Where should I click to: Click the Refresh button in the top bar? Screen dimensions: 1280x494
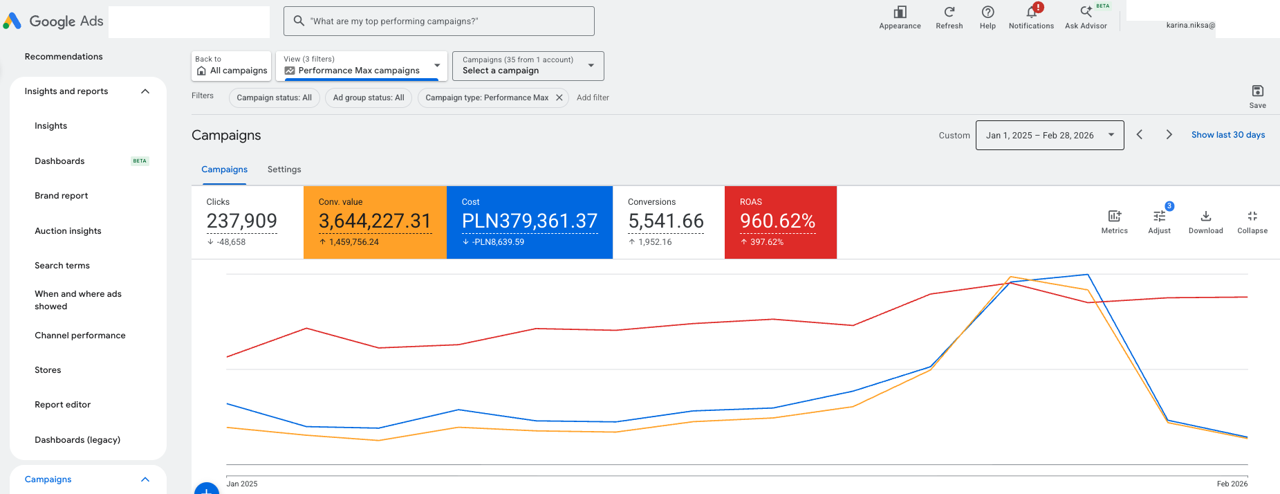[x=949, y=17]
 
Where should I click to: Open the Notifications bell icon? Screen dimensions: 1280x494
[x=1031, y=12]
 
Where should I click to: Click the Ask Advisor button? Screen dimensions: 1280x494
[x=1086, y=17]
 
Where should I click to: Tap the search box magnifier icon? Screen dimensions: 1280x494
[x=299, y=21]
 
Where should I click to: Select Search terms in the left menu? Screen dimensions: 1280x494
[x=62, y=266]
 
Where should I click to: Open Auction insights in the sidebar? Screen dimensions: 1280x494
[x=68, y=231]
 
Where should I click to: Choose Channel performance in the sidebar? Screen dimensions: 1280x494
[x=80, y=336]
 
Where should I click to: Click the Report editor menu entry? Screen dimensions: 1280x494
[x=62, y=405]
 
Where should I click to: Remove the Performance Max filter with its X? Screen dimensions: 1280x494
[x=559, y=98]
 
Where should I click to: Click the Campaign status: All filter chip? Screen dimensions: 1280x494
[x=275, y=98]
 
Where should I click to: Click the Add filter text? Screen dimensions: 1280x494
[x=593, y=98]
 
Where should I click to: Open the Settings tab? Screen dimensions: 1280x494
[x=284, y=170]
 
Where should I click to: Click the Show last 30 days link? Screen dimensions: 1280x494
[x=1228, y=135]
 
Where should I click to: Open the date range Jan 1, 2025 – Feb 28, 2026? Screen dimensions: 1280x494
[x=1050, y=135]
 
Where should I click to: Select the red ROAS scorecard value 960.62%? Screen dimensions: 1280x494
[x=778, y=221]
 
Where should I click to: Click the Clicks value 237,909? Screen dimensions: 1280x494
[x=242, y=221]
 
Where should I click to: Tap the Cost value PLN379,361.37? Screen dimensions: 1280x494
[x=530, y=221]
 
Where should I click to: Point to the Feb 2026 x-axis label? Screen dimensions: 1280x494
[x=1232, y=484]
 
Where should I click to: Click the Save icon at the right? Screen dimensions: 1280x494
[x=1258, y=91]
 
